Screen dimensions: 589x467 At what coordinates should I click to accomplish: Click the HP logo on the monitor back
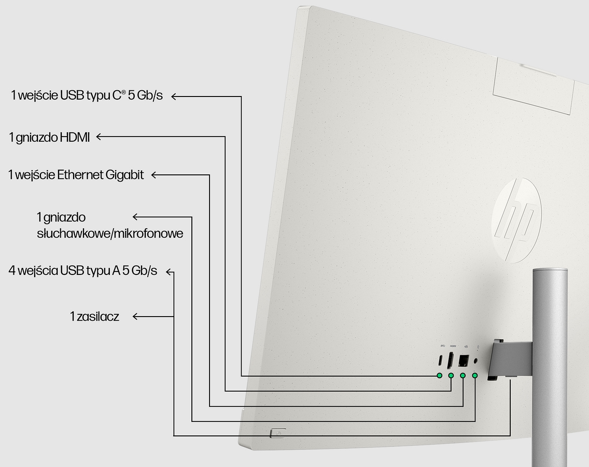(x=516, y=220)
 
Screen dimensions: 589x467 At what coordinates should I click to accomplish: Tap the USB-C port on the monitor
(x=440, y=360)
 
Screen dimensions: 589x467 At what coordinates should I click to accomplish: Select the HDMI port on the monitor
(x=450, y=360)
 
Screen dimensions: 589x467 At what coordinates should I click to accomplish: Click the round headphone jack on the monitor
(x=476, y=361)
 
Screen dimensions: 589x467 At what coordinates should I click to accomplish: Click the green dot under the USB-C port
(x=440, y=375)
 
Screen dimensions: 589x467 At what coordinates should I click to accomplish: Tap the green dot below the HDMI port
(x=451, y=375)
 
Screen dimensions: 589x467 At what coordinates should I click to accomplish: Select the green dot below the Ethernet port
(x=463, y=375)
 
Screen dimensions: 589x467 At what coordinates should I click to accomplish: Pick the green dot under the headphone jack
(x=475, y=375)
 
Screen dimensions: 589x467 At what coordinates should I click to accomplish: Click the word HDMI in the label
(x=75, y=137)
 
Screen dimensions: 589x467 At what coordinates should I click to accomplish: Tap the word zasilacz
(x=97, y=317)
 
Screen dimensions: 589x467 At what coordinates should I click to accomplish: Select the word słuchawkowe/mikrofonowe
(x=110, y=233)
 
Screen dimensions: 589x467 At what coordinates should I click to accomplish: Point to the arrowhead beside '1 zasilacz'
(x=136, y=317)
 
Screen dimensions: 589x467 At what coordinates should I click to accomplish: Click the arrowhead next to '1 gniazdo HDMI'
(x=99, y=136)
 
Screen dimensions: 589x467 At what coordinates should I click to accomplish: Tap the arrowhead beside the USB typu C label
(x=174, y=97)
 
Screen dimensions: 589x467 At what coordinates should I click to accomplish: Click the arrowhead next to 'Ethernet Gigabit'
(x=153, y=175)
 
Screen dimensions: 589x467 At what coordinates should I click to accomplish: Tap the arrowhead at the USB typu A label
(x=170, y=271)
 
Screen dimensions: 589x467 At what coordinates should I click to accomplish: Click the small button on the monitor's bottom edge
(x=278, y=433)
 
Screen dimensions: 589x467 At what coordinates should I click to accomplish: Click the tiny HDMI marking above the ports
(x=453, y=346)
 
